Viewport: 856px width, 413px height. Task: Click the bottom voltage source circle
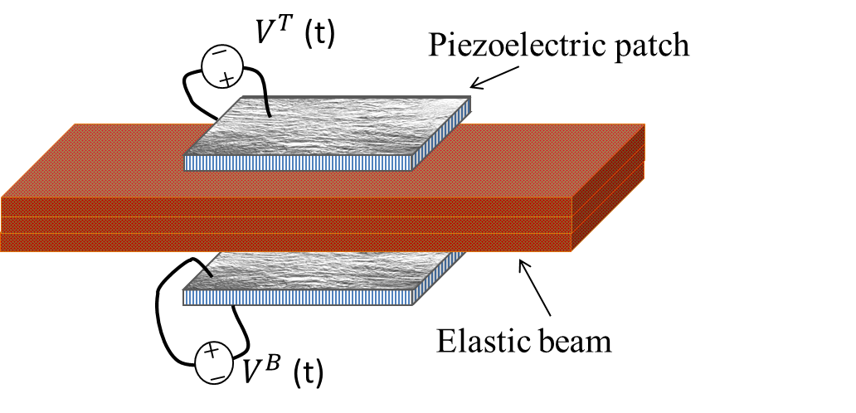(x=213, y=362)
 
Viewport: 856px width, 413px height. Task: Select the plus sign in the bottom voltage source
(x=212, y=352)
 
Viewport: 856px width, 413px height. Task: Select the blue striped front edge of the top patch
(x=299, y=163)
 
